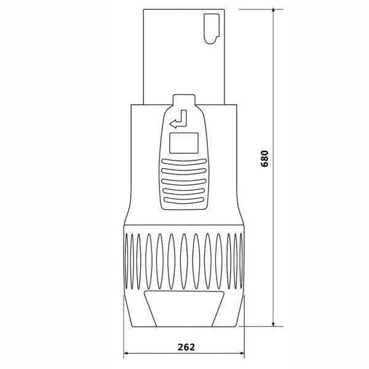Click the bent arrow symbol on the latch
tap(181, 121)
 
